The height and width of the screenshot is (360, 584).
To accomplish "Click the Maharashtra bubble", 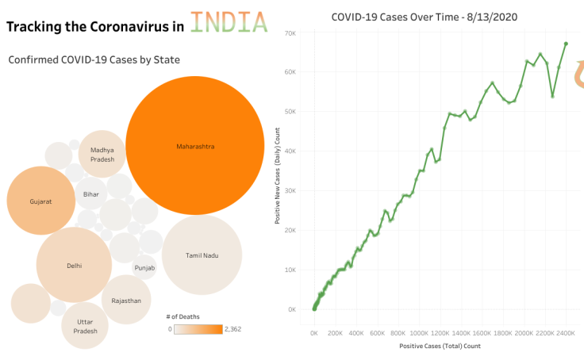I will (194, 147).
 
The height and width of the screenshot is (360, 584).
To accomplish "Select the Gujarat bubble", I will (40, 201).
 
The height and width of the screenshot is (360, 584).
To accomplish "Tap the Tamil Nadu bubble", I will (202, 255).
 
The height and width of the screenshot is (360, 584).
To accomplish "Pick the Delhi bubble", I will (74, 266).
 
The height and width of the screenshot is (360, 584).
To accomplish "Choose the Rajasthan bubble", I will (126, 301).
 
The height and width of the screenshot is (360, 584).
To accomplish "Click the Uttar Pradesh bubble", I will (86, 326).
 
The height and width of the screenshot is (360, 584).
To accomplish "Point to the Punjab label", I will (144, 268).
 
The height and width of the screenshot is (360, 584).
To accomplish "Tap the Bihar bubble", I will (91, 194).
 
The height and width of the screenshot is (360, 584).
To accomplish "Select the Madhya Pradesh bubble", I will (102, 154).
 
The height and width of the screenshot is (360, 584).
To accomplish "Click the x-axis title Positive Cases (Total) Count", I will (440, 346).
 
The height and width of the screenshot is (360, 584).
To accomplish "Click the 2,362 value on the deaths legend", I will (234, 328).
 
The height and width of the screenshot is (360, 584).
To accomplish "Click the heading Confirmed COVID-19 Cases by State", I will (94, 59).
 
